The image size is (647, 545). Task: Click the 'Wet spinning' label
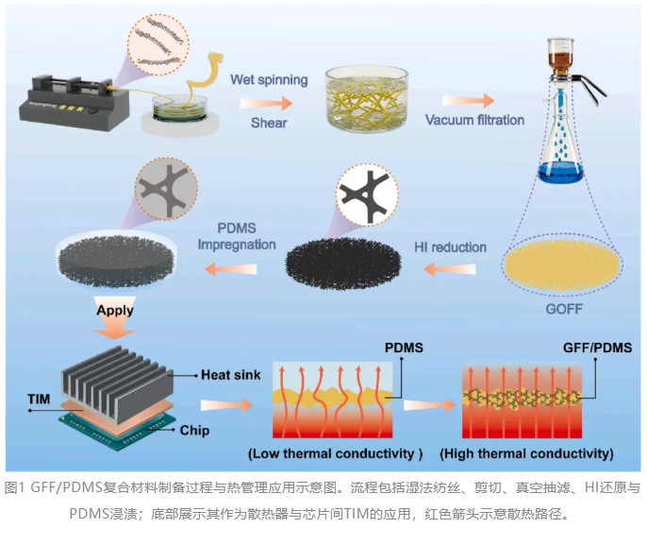269,79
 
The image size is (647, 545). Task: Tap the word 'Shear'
269,123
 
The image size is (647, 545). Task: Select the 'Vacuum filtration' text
474,120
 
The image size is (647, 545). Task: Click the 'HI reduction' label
450,247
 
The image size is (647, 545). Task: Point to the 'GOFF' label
564,309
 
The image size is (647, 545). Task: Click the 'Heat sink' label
231,375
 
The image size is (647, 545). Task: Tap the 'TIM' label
39,399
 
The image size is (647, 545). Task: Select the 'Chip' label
194,430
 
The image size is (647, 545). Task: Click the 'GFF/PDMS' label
598,348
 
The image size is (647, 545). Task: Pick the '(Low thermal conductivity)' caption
335,453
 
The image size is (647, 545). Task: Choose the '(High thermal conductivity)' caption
526,453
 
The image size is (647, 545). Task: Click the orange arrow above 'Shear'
266,103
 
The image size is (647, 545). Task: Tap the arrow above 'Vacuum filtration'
469,100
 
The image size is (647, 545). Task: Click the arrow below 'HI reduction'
450,269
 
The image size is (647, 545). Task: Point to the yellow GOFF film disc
562,265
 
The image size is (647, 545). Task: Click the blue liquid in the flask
560,172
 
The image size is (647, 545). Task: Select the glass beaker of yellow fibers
366,99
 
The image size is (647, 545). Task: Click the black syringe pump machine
75,103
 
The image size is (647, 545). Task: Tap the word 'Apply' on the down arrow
115,311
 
